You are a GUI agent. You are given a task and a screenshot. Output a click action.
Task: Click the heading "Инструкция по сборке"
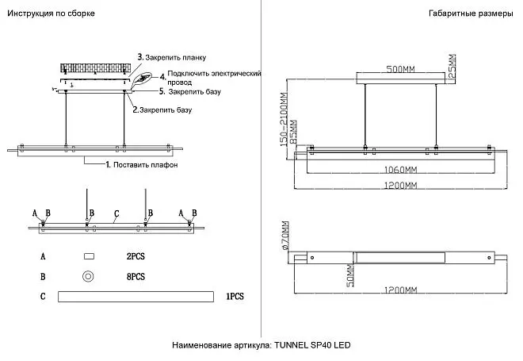[51, 13]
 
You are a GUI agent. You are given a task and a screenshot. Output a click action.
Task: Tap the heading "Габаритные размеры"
[471, 13]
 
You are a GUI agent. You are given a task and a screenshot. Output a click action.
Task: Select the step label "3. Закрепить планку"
[172, 57]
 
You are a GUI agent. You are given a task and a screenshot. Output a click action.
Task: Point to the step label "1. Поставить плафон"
[142, 165]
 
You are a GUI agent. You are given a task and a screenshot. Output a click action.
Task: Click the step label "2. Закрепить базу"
[162, 109]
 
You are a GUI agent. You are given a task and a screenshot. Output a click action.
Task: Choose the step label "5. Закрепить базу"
[190, 91]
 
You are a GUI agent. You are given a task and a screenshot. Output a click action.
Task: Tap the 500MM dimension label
[401, 69]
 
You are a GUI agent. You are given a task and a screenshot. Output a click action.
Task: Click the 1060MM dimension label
[401, 170]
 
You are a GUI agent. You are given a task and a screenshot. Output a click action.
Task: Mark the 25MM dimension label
[452, 66]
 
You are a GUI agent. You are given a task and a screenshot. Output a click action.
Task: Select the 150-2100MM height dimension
[284, 120]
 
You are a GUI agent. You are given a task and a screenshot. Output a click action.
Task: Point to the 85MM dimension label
[293, 132]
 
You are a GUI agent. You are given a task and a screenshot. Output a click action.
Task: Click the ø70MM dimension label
[285, 236]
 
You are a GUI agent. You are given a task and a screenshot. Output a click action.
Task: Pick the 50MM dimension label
[350, 276]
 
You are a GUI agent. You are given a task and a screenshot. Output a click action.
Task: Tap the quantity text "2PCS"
[136, 256]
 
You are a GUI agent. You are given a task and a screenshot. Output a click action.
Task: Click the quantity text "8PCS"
[136, 277]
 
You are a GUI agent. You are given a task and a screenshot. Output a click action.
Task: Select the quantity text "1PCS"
[235, 296]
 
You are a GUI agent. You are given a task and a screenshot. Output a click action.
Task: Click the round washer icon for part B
[88, 277]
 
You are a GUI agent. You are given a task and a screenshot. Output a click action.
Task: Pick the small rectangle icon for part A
[89, 256]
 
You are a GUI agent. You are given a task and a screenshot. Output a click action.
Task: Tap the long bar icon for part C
[136, 297]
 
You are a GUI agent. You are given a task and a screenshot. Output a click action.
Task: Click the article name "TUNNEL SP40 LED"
[312, 345]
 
